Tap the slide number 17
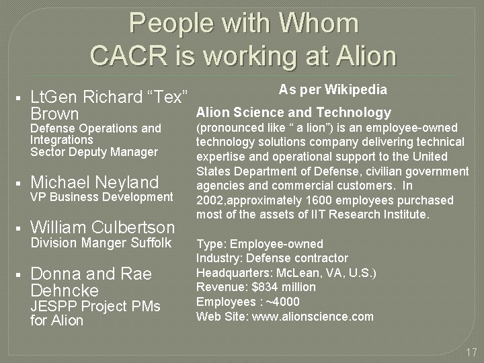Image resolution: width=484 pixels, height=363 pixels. coord(471,352)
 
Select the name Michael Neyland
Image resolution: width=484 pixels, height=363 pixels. coord(95,182)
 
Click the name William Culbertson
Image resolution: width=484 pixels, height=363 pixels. coord(103,227)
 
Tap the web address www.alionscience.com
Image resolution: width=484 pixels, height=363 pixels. coord(313,316)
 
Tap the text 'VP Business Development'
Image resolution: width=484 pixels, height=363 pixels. coord(102,197)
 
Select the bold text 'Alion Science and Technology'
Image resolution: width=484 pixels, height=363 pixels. coord(293,112)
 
